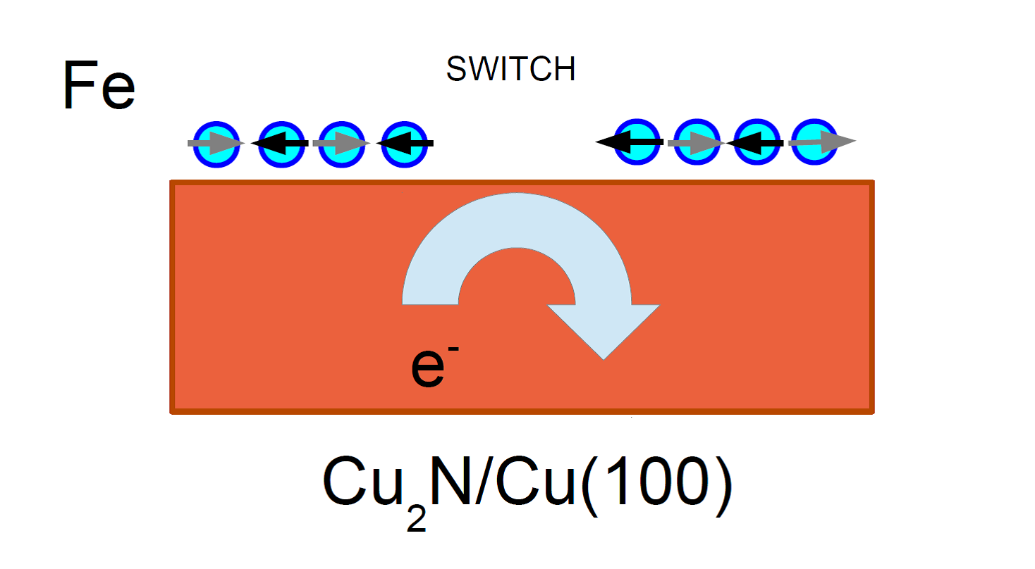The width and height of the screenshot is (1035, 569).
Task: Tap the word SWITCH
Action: click(511, 69)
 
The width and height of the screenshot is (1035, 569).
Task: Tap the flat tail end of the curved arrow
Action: click(430, 303)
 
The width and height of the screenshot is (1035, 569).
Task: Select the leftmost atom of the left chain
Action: click(216, 144)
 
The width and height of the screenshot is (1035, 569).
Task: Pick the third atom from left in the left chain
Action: click(342, 144)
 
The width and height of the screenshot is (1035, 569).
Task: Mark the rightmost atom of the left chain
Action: click(404, 144)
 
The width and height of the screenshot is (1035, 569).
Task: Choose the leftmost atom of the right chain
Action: click(637, 142)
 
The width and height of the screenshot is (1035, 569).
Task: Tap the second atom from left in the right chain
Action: click(697, 142)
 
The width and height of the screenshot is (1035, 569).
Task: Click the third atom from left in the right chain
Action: click(757, 142)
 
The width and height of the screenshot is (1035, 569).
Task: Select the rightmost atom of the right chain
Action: click(814, 142)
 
